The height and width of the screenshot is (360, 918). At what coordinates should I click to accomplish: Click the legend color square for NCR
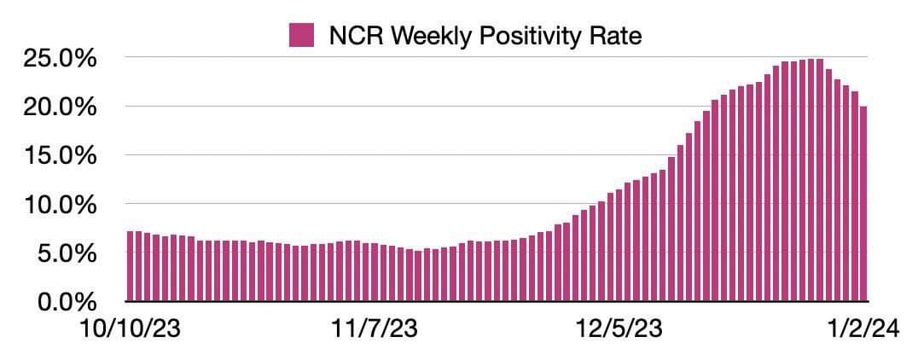click(300, 36)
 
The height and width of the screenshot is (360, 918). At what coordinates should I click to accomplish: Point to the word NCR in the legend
click(348, 36)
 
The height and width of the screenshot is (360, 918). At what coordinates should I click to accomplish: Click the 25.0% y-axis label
click(62, 59)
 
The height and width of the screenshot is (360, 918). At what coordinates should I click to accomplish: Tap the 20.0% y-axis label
click(62, 107)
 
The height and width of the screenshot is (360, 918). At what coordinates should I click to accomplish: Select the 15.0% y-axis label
click(62, 156)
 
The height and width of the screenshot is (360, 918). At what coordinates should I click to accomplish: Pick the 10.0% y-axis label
click(62, 205)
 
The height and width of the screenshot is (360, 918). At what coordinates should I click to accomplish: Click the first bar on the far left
click(130, 266)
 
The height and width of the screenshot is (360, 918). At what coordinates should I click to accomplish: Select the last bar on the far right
click(863, 204)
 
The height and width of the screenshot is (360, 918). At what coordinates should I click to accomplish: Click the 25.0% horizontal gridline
click(427, 58)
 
